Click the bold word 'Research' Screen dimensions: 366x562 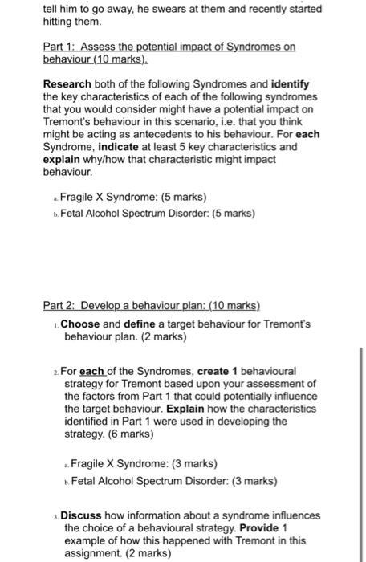67,83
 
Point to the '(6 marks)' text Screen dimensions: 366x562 132,434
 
